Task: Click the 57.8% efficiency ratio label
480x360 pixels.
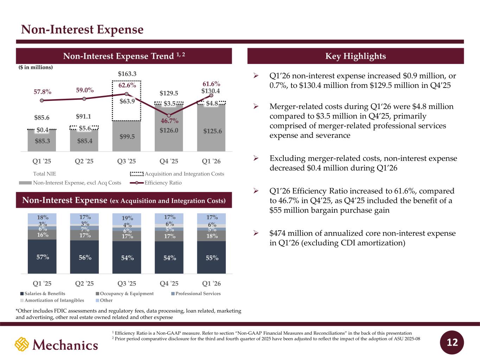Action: point(43,92)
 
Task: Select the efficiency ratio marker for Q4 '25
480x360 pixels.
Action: point(169,115)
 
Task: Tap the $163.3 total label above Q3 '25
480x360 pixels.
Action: point(127,74)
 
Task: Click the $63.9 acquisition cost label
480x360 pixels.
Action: point(127,101)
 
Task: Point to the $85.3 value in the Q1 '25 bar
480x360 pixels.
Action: point(43,141)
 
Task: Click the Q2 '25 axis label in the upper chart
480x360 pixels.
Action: point(84,161)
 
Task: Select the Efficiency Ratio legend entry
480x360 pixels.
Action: point(156,183)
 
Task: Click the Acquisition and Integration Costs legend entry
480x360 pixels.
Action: point(177,174)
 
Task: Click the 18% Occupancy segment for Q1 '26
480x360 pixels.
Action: point(211,236)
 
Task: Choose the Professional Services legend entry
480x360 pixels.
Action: point(196,294)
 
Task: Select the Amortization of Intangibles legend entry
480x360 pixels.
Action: point(52,300)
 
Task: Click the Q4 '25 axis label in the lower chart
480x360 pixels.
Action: point(169,283)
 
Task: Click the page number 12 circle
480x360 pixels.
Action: point(452,342)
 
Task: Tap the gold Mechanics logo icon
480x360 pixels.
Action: point(22,344)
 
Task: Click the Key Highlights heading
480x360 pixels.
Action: point(356,56)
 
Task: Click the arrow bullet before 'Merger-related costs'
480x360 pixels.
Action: point(256,107)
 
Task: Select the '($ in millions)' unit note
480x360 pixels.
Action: point(36,67)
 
